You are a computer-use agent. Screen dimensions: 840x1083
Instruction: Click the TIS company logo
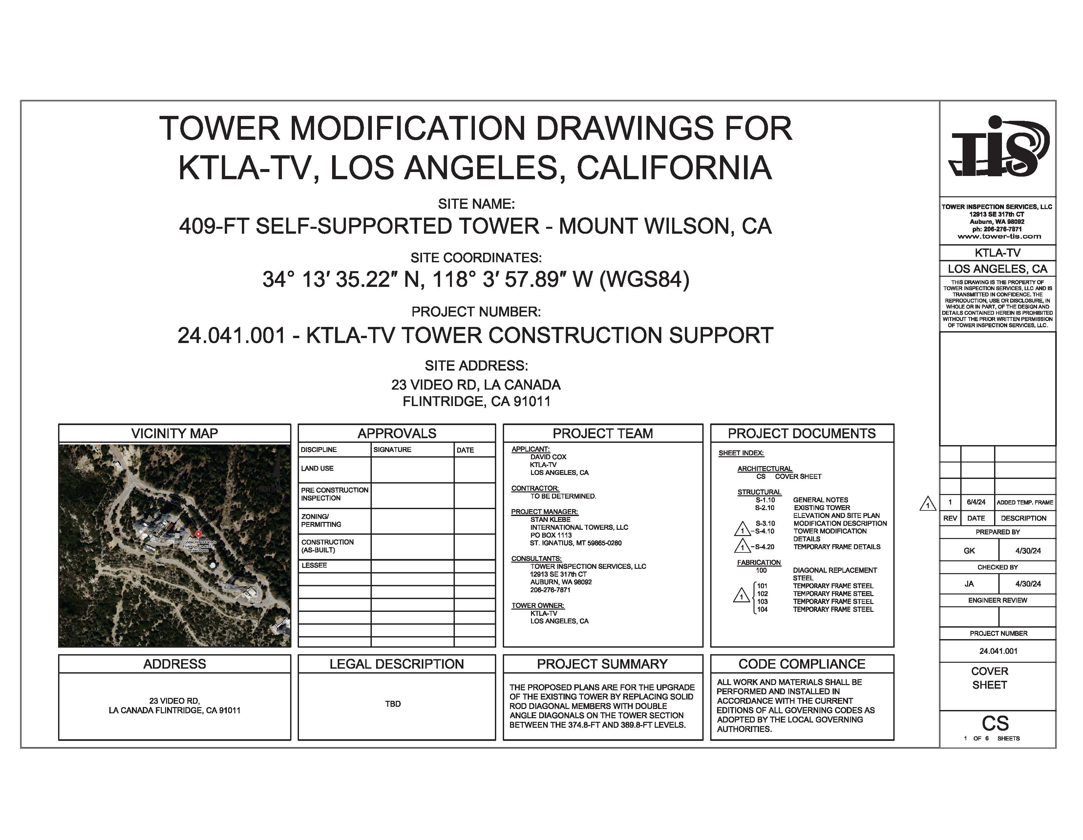(x=997, y=148)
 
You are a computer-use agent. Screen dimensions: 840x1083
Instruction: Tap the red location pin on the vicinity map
(x=198, y=534)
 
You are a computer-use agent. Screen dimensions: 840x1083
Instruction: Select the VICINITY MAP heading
(x=175, y=433)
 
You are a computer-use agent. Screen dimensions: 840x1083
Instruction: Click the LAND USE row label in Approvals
(x=317, y=468)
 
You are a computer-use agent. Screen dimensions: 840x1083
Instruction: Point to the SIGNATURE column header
(x=392, y=450)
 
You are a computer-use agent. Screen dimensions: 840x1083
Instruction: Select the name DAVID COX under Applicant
(x=548, y=457)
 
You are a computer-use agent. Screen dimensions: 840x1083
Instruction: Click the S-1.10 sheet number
(x=765, y=500)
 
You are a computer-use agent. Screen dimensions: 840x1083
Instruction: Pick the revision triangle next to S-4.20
(x=742, y=547)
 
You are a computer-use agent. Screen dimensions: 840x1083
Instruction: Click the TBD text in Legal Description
(x=393, y=704)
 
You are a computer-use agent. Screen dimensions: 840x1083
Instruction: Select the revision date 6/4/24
(x=976, y=502)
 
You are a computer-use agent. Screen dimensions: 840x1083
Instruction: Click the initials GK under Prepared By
(x=969, y=551)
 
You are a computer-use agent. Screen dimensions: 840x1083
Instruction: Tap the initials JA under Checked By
(x=969, y=584)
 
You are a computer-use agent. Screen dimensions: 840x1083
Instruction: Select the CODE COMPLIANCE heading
(x=801, y=664)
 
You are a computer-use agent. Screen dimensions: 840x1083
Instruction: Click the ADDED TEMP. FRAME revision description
(x=1025, y=502)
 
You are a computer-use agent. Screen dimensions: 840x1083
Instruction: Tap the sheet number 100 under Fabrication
(x=761, y=570)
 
